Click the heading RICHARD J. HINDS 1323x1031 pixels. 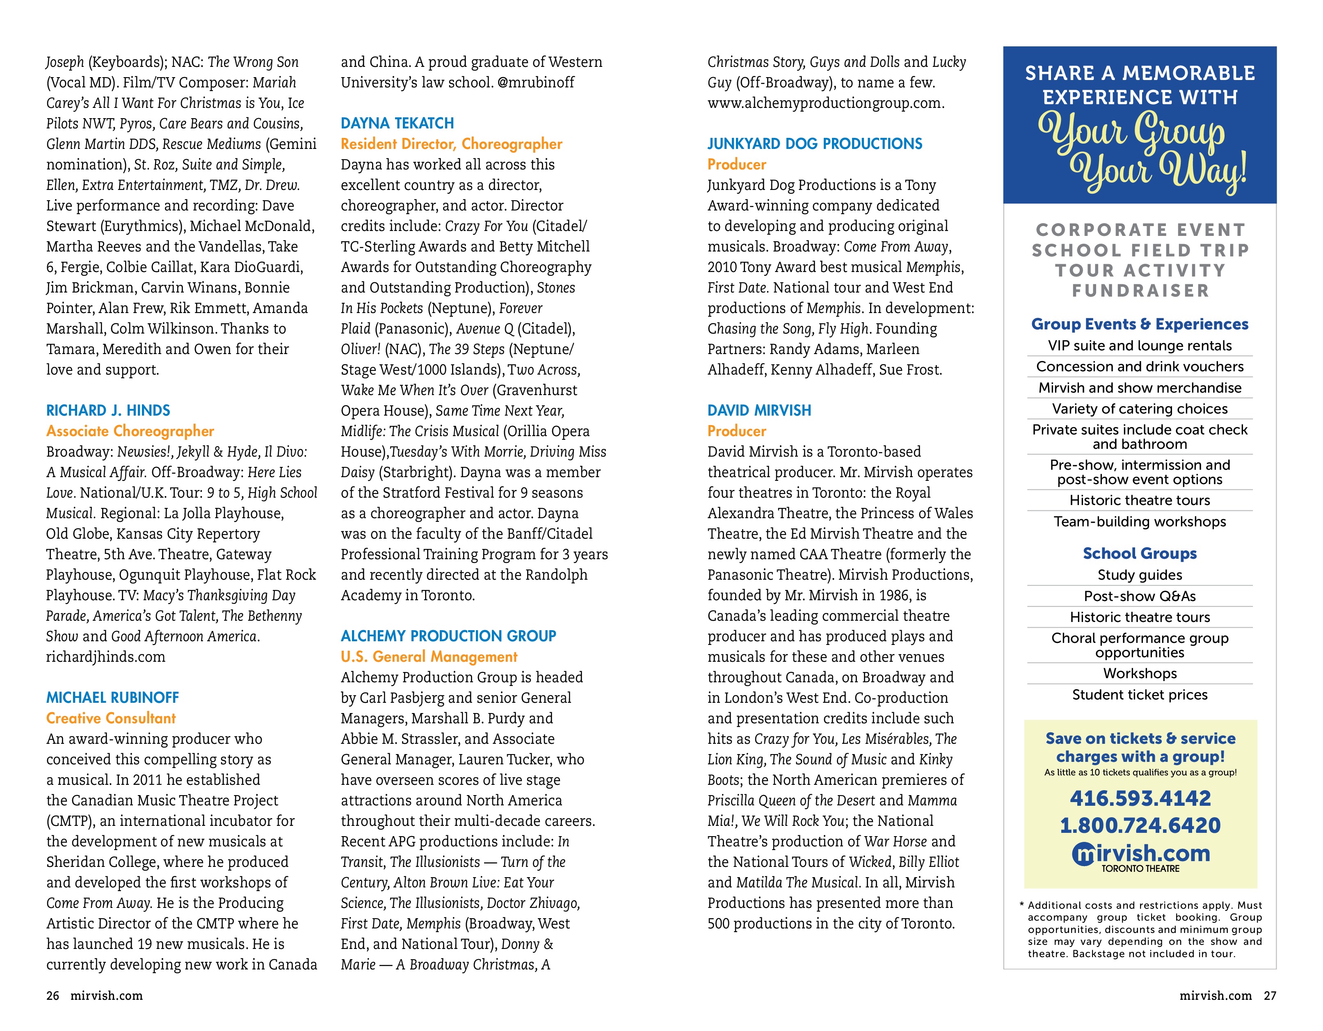tap(108, 410)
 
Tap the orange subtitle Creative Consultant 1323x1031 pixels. tap(111, 718)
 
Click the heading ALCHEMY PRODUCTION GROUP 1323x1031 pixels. tap(448, 636)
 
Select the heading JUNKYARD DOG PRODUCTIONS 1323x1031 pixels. tap(814, 144)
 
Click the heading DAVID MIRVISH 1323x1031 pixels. tap(759, 410)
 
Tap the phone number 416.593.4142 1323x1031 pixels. tap(1140, 798)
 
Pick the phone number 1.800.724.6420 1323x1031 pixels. tap(1140, 825)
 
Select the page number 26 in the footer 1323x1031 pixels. tap(53, 995)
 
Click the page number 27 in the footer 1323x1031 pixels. tap(1270, 995)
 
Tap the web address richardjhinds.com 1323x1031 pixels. tap(105, 657)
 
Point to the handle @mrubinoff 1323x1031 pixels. tap(535, 82)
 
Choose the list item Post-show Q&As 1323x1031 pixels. tap(1140, 596)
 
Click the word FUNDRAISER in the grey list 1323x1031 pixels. tap(1140, 291)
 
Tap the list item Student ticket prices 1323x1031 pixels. tap(1140, 695)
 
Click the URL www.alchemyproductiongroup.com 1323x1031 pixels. tap(826, 103)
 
